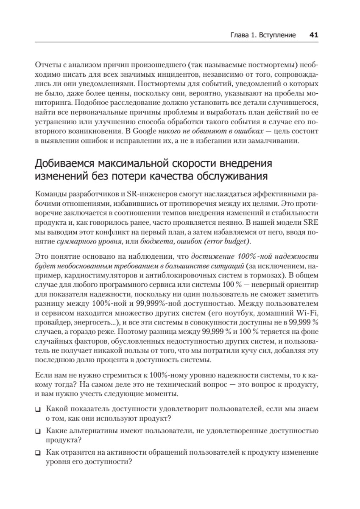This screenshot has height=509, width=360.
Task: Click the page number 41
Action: point(314,35)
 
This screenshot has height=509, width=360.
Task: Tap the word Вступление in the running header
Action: point(278,35)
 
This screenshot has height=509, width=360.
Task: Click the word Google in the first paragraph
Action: point(142,131)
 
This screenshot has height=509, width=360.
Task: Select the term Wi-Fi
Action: point(310,313)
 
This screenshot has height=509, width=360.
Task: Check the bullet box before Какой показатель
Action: point(38,410)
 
